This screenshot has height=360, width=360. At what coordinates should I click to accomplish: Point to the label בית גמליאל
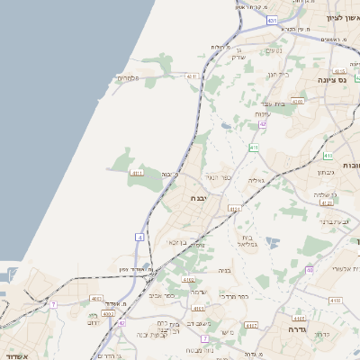point(249,240)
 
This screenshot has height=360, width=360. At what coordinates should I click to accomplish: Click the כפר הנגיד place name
point(218,177)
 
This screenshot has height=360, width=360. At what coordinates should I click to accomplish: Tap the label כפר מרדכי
point(234,295)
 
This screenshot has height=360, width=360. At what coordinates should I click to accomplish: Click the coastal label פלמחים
point(129,79)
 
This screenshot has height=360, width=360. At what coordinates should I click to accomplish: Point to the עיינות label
point(263,113)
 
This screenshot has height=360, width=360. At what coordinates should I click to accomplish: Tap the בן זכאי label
point(176,242)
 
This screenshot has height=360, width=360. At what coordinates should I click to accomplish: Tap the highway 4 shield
point(139,237)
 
